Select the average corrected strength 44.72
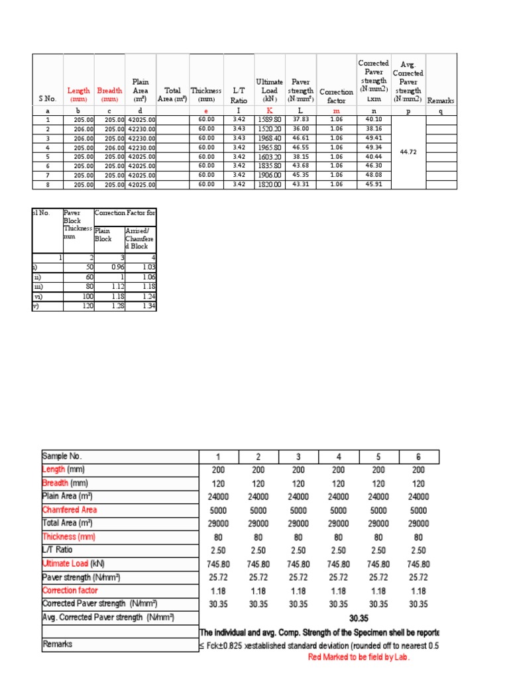[x=408, y=152]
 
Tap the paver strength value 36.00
[x=301, y=128]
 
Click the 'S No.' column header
[x=48, y=99]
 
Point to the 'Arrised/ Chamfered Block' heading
[x=139, y=238]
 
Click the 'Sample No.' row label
[x=63, y=456]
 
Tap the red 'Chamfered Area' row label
[x=70, y=510]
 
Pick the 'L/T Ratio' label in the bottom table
[x=58, y=550]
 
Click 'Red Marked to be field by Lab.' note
[x=359, y=657]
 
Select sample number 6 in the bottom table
[x=418, y=456]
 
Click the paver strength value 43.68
[x=301, y=165]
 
